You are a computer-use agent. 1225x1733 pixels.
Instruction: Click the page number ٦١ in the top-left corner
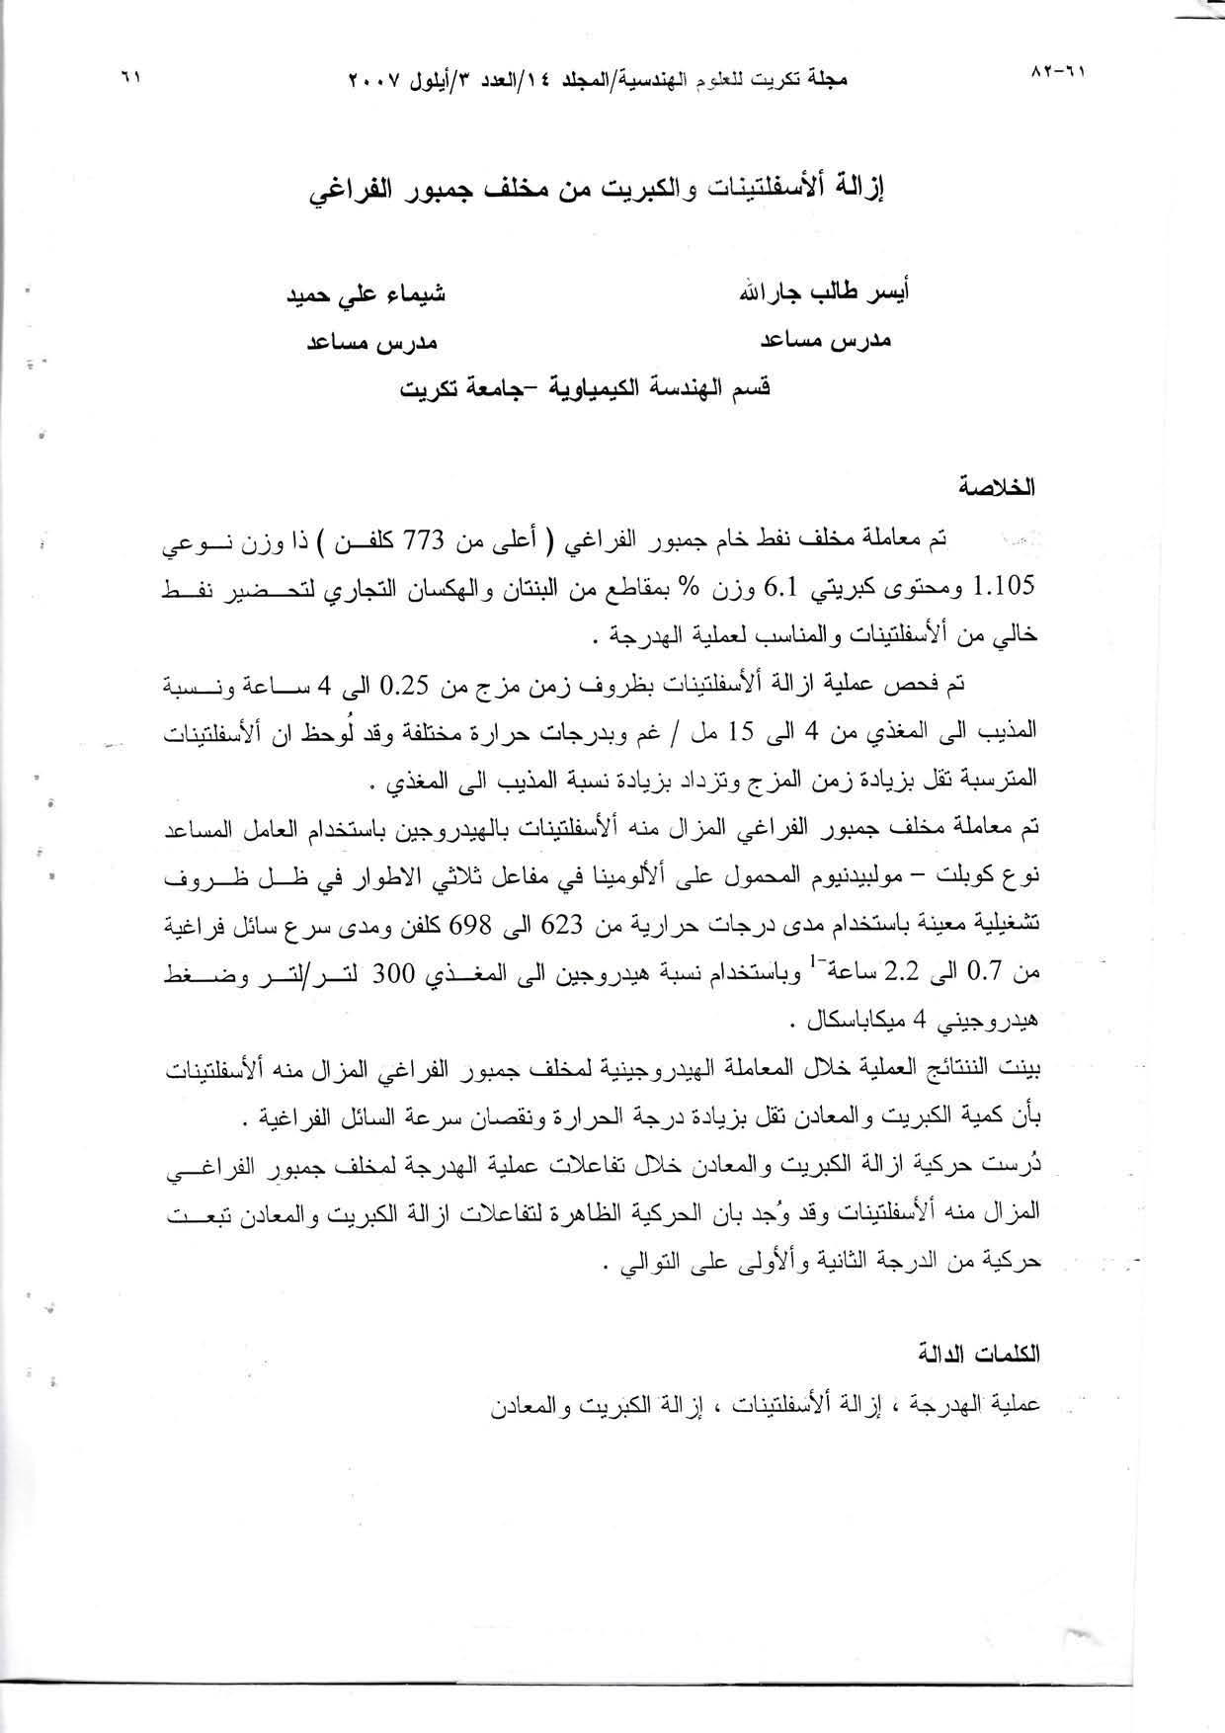(x=130, y=75)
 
